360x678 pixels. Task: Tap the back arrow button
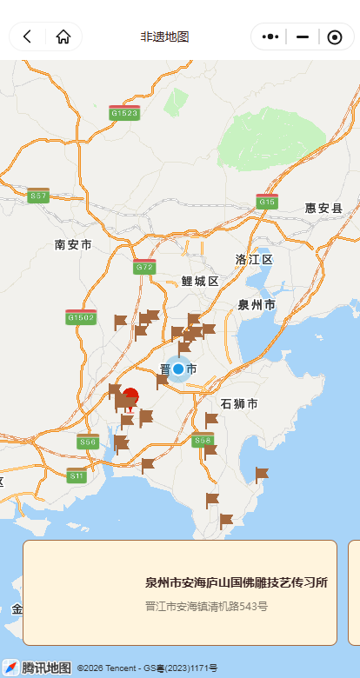[28, 37]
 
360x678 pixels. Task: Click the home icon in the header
[63, 37]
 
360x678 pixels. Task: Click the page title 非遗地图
[165, 37]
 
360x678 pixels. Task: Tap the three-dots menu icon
[270, 37]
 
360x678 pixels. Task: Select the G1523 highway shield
[124, 113]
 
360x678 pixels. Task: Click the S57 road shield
[38, 196]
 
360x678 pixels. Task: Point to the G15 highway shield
[267, 202]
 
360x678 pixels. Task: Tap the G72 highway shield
[144, 267]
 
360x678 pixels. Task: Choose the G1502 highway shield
[81, 318]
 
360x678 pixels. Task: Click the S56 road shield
[87, 442]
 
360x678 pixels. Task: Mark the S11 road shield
[77, 475]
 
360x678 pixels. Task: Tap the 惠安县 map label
[323, 209]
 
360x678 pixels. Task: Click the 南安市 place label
[73, 245]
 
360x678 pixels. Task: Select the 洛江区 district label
[254, 260]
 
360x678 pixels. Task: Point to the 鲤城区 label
[200, 281]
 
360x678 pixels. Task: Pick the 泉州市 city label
[257, 305]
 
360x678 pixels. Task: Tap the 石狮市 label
[239, 404]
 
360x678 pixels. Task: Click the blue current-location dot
[178, 369]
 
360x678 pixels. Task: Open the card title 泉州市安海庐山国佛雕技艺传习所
[237, 582]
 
